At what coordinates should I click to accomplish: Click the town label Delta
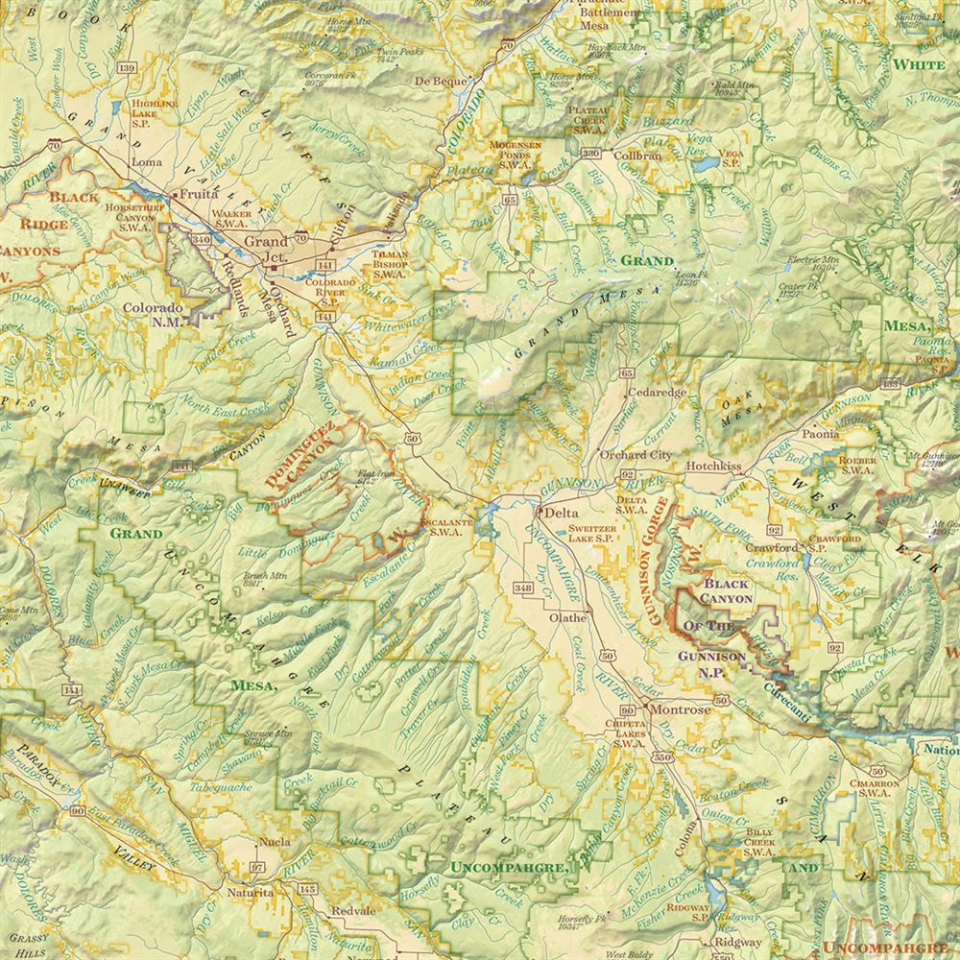[560, 514]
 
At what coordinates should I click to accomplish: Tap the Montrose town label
[683, 709]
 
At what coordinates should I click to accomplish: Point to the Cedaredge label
[658, 393]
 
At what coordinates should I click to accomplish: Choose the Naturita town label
[250, 893]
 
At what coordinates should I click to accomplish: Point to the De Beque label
[442, 82]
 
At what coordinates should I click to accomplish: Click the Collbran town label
[638, 155]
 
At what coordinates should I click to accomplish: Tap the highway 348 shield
[523, 588]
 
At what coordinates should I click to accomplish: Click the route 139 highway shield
[125, 69]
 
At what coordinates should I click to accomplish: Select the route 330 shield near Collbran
[591, 153]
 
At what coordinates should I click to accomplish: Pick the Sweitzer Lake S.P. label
[599, 535]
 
